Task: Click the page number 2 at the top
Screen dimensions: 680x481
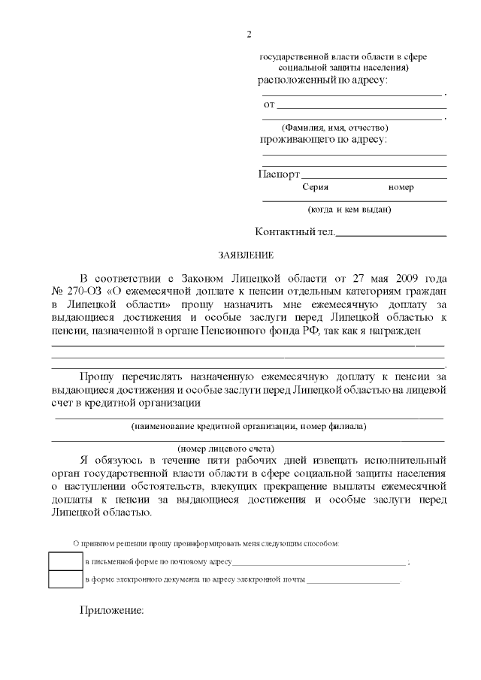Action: coord(248,34)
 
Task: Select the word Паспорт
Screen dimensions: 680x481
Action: coord(279,174)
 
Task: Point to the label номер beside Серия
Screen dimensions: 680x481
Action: coord(401,187)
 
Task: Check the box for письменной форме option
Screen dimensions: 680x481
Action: coord(65,561)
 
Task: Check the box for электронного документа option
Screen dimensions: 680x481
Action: coord(65,579)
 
